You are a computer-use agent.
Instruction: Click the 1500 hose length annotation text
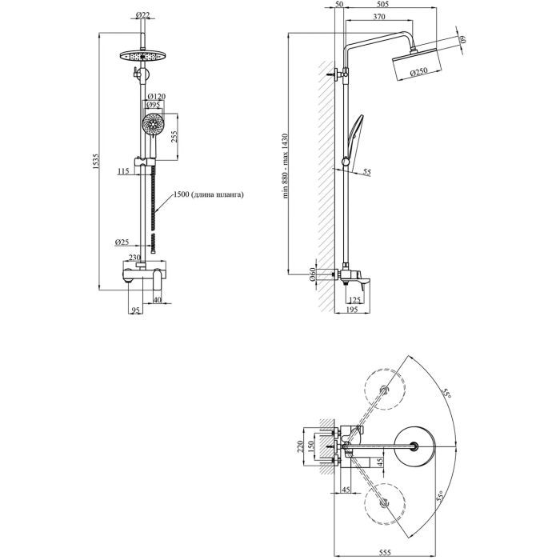[206, 194]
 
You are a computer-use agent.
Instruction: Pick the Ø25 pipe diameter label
[122, 241]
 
